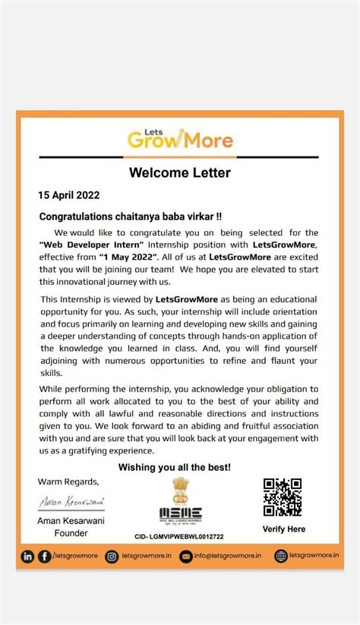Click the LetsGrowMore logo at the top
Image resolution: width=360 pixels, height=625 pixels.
179,138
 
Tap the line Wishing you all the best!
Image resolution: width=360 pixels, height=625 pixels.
175,467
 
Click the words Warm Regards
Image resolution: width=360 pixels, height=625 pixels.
68,481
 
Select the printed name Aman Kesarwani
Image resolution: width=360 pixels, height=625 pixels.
72,521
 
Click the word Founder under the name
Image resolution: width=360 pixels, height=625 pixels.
72,533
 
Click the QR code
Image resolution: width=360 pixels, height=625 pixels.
283,497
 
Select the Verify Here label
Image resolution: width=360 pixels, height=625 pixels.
283,529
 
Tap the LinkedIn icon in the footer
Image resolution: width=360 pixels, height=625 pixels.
28,557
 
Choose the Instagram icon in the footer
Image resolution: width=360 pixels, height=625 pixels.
112,557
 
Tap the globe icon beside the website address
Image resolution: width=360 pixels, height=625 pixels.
281,557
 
